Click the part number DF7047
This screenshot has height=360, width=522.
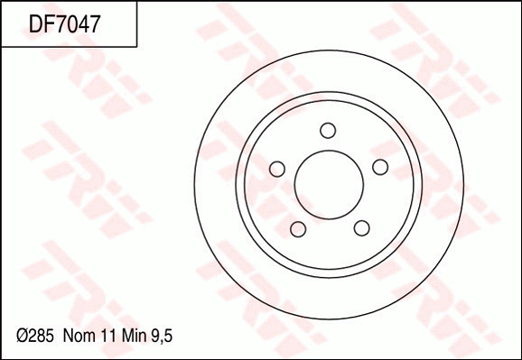(64, 23)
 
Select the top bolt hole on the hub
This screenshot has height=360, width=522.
(328, 130)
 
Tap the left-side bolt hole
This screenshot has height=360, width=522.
(277, 169)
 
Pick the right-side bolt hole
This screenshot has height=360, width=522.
(380, 167)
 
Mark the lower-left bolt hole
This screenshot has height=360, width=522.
(296, 227)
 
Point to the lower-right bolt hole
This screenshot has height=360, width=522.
(361, 227)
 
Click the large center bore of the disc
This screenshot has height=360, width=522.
(329, 184)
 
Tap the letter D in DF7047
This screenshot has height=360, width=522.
(37, 23)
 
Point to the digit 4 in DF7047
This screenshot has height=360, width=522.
(80, 23)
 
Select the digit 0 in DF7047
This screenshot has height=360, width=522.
(70, 23)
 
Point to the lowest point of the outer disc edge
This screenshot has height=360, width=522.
(329, 319)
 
